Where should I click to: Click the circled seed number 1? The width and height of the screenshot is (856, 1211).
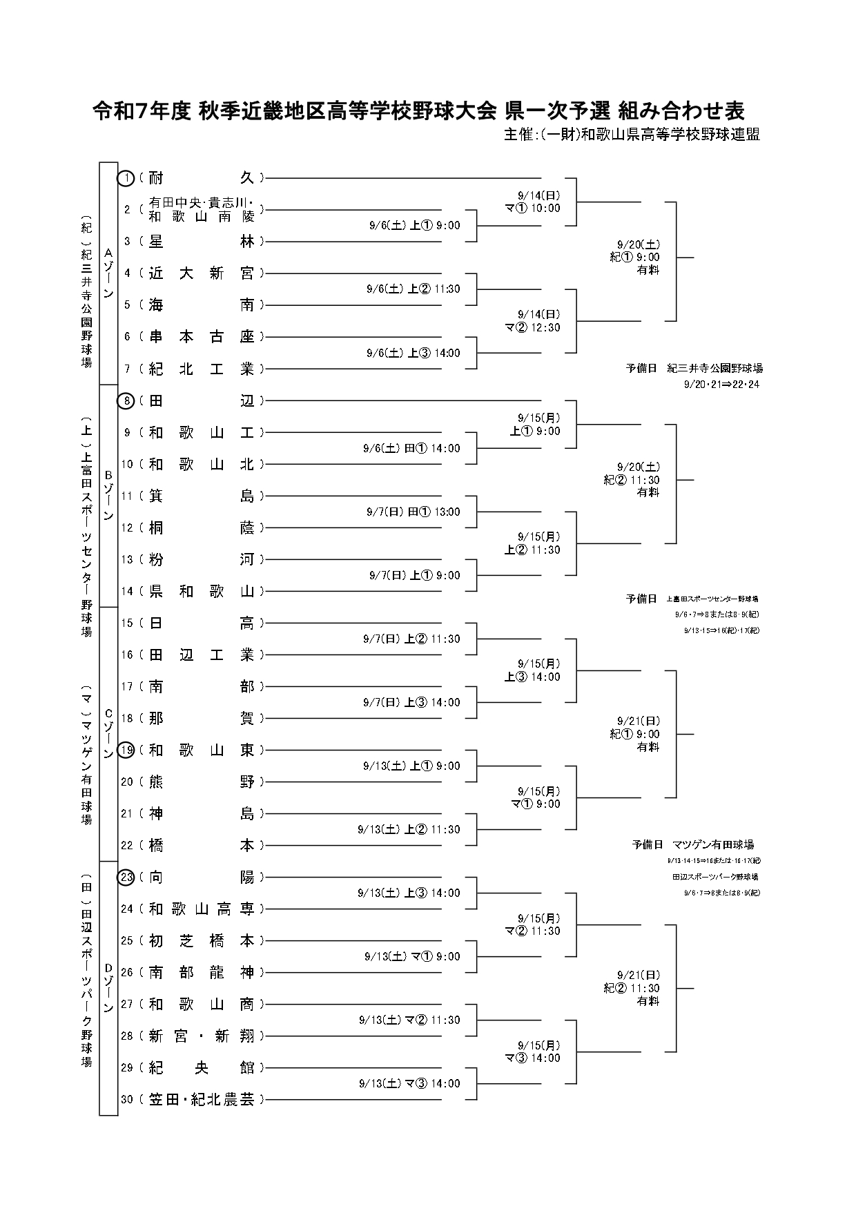coord(126,178)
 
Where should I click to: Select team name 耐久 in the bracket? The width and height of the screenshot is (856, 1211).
coord(201,178)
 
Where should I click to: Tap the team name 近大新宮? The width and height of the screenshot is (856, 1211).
coord(201,273)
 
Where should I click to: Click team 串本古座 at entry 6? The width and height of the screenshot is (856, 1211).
coord(201,337)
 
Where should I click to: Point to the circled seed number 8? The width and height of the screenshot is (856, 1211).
coord(126,400)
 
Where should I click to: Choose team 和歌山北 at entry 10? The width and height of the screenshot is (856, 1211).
coord(201,464)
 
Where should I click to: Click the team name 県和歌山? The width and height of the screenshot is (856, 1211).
coord(201,591)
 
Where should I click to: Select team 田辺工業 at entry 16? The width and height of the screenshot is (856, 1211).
coord(201,655)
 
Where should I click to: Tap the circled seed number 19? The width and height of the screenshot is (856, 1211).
coord(126,750)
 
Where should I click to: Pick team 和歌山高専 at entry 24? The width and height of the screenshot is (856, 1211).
coord(201,909)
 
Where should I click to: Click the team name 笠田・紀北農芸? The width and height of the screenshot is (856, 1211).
coord(201,1099)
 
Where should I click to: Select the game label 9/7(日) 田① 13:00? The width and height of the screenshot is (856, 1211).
coord(413,512)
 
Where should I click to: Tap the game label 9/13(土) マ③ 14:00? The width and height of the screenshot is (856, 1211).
coord(409,1083)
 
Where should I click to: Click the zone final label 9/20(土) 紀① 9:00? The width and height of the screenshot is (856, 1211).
coord(634,257)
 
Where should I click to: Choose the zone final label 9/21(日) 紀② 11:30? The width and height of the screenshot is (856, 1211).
coord(632,988)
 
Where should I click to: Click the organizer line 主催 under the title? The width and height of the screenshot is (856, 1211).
coord(632,135)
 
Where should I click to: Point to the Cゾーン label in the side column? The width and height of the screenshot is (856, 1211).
coord(108,733)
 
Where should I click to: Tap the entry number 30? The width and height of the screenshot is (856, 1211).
coord(126,1099)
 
